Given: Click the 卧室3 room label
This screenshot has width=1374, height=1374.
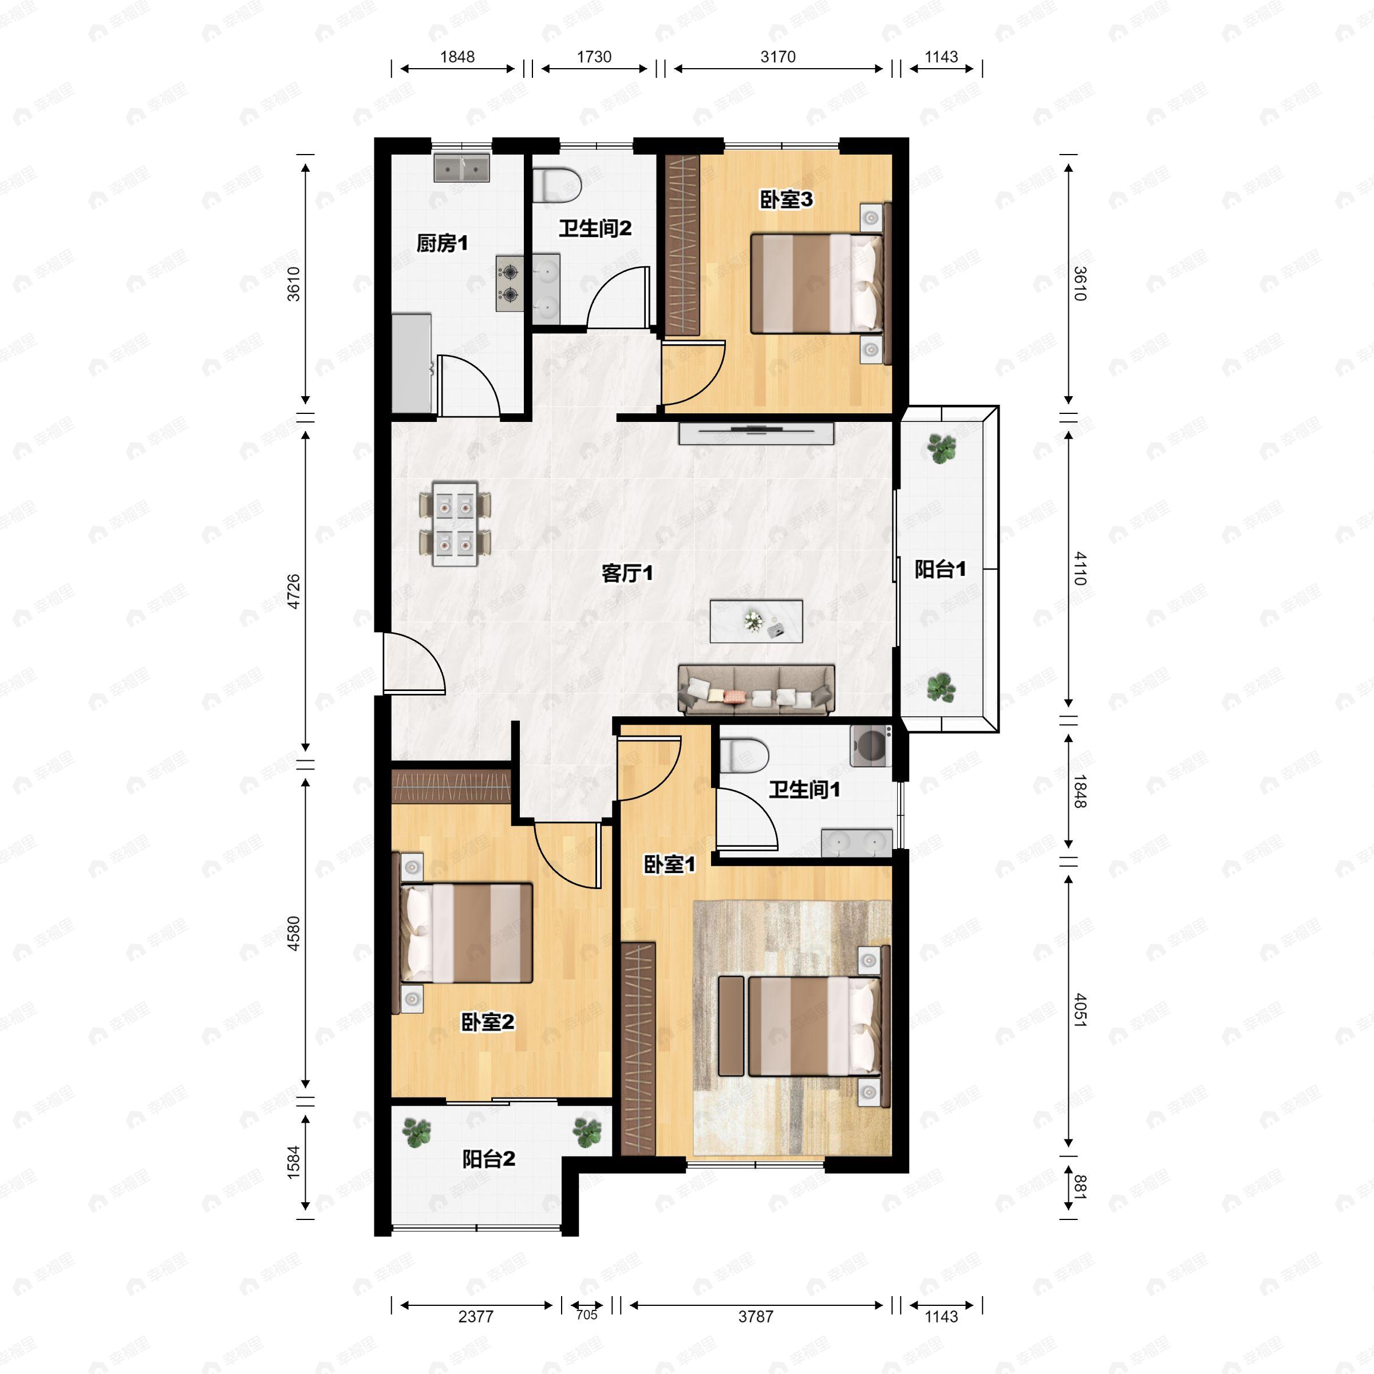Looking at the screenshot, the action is (x=786, y=200).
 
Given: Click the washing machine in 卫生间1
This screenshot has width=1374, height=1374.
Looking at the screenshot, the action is (x=872, y=745).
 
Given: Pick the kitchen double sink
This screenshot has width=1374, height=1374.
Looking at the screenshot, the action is (x=461, y=168).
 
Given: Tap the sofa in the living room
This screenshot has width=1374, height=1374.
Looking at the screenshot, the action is (x=756, y=689).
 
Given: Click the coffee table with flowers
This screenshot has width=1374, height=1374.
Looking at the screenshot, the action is (x=756, y=621).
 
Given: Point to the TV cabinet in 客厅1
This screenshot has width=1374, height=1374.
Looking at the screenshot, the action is (x=755, y=434).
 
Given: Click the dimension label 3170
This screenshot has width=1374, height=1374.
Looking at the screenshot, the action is (x=778, y=57).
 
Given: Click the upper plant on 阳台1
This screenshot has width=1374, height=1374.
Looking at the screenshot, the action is (x=942, y=449).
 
